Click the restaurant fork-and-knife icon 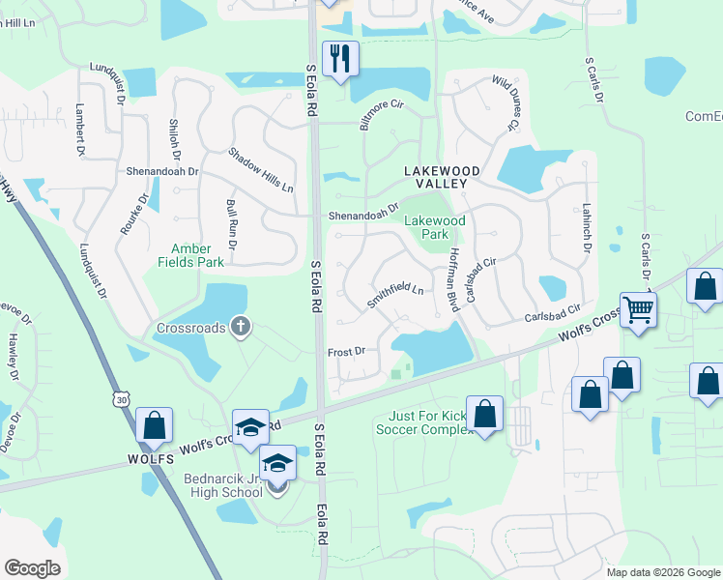(x=340, y=59)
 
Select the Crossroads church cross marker (x=241, y=328)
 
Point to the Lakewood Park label (x=435, y=227)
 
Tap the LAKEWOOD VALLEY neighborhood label (x=435, y=177)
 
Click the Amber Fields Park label (x=198, y=255)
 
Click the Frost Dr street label (x=346, y=352)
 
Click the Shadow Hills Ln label (x=261, y=169)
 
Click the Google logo (x=32, y=568)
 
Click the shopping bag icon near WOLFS (x=154, y=425)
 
